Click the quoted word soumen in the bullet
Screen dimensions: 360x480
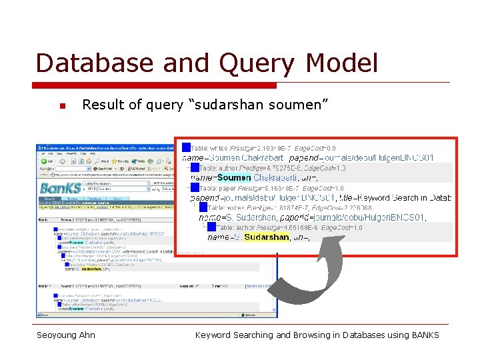click(x=298, y=105)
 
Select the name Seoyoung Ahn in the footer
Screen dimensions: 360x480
click(x=66, y=335)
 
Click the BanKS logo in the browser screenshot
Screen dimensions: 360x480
click(x=61, y=187)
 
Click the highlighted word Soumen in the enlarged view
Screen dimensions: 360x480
click(x=234, y=178)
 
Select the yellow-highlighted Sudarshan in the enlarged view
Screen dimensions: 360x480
click(x=267, y=237)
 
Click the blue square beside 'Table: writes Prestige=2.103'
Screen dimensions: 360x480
click(x=187, y=147)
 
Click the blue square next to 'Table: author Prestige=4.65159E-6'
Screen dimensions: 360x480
click(x=212, y=227)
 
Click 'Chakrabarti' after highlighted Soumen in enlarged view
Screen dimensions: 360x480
click(x=275, y=178)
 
